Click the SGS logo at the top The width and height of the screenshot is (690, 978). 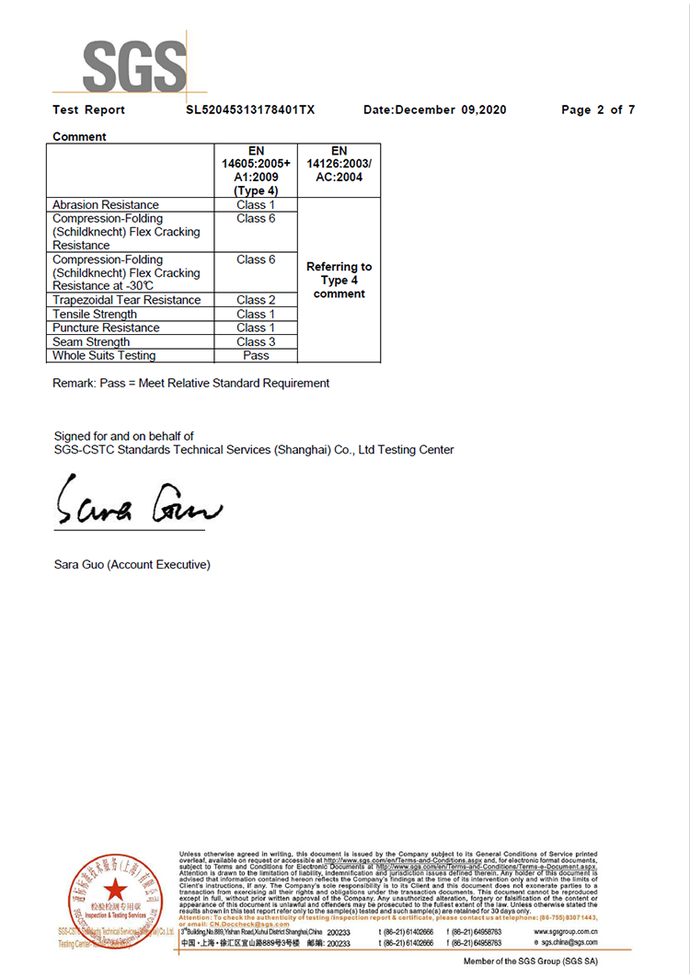point(134,64)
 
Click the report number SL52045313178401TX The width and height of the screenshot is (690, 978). point(250,109)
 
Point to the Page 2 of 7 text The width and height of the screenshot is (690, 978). point(598,109)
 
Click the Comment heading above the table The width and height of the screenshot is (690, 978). point(79,136)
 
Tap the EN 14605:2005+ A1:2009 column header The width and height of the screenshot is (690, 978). point(256,170)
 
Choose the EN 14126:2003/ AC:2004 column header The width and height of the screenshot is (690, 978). point(339,164)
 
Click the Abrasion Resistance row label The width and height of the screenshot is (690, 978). point(105,204)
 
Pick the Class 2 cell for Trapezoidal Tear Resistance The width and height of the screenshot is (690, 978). point(256,300)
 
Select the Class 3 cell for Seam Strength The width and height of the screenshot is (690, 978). point(256,341)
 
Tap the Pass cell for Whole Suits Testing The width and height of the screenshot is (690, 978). point(256,355)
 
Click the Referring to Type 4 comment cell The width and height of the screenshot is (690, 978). point(339,280)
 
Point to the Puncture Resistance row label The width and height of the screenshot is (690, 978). point(106,328)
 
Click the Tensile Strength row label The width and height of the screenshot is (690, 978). point(95,314)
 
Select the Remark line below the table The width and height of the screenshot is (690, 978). point(190,383)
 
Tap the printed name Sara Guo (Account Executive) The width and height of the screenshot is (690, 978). point(132,564)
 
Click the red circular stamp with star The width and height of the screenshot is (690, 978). point(115,896)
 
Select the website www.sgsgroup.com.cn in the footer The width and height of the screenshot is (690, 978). point(565,932)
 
